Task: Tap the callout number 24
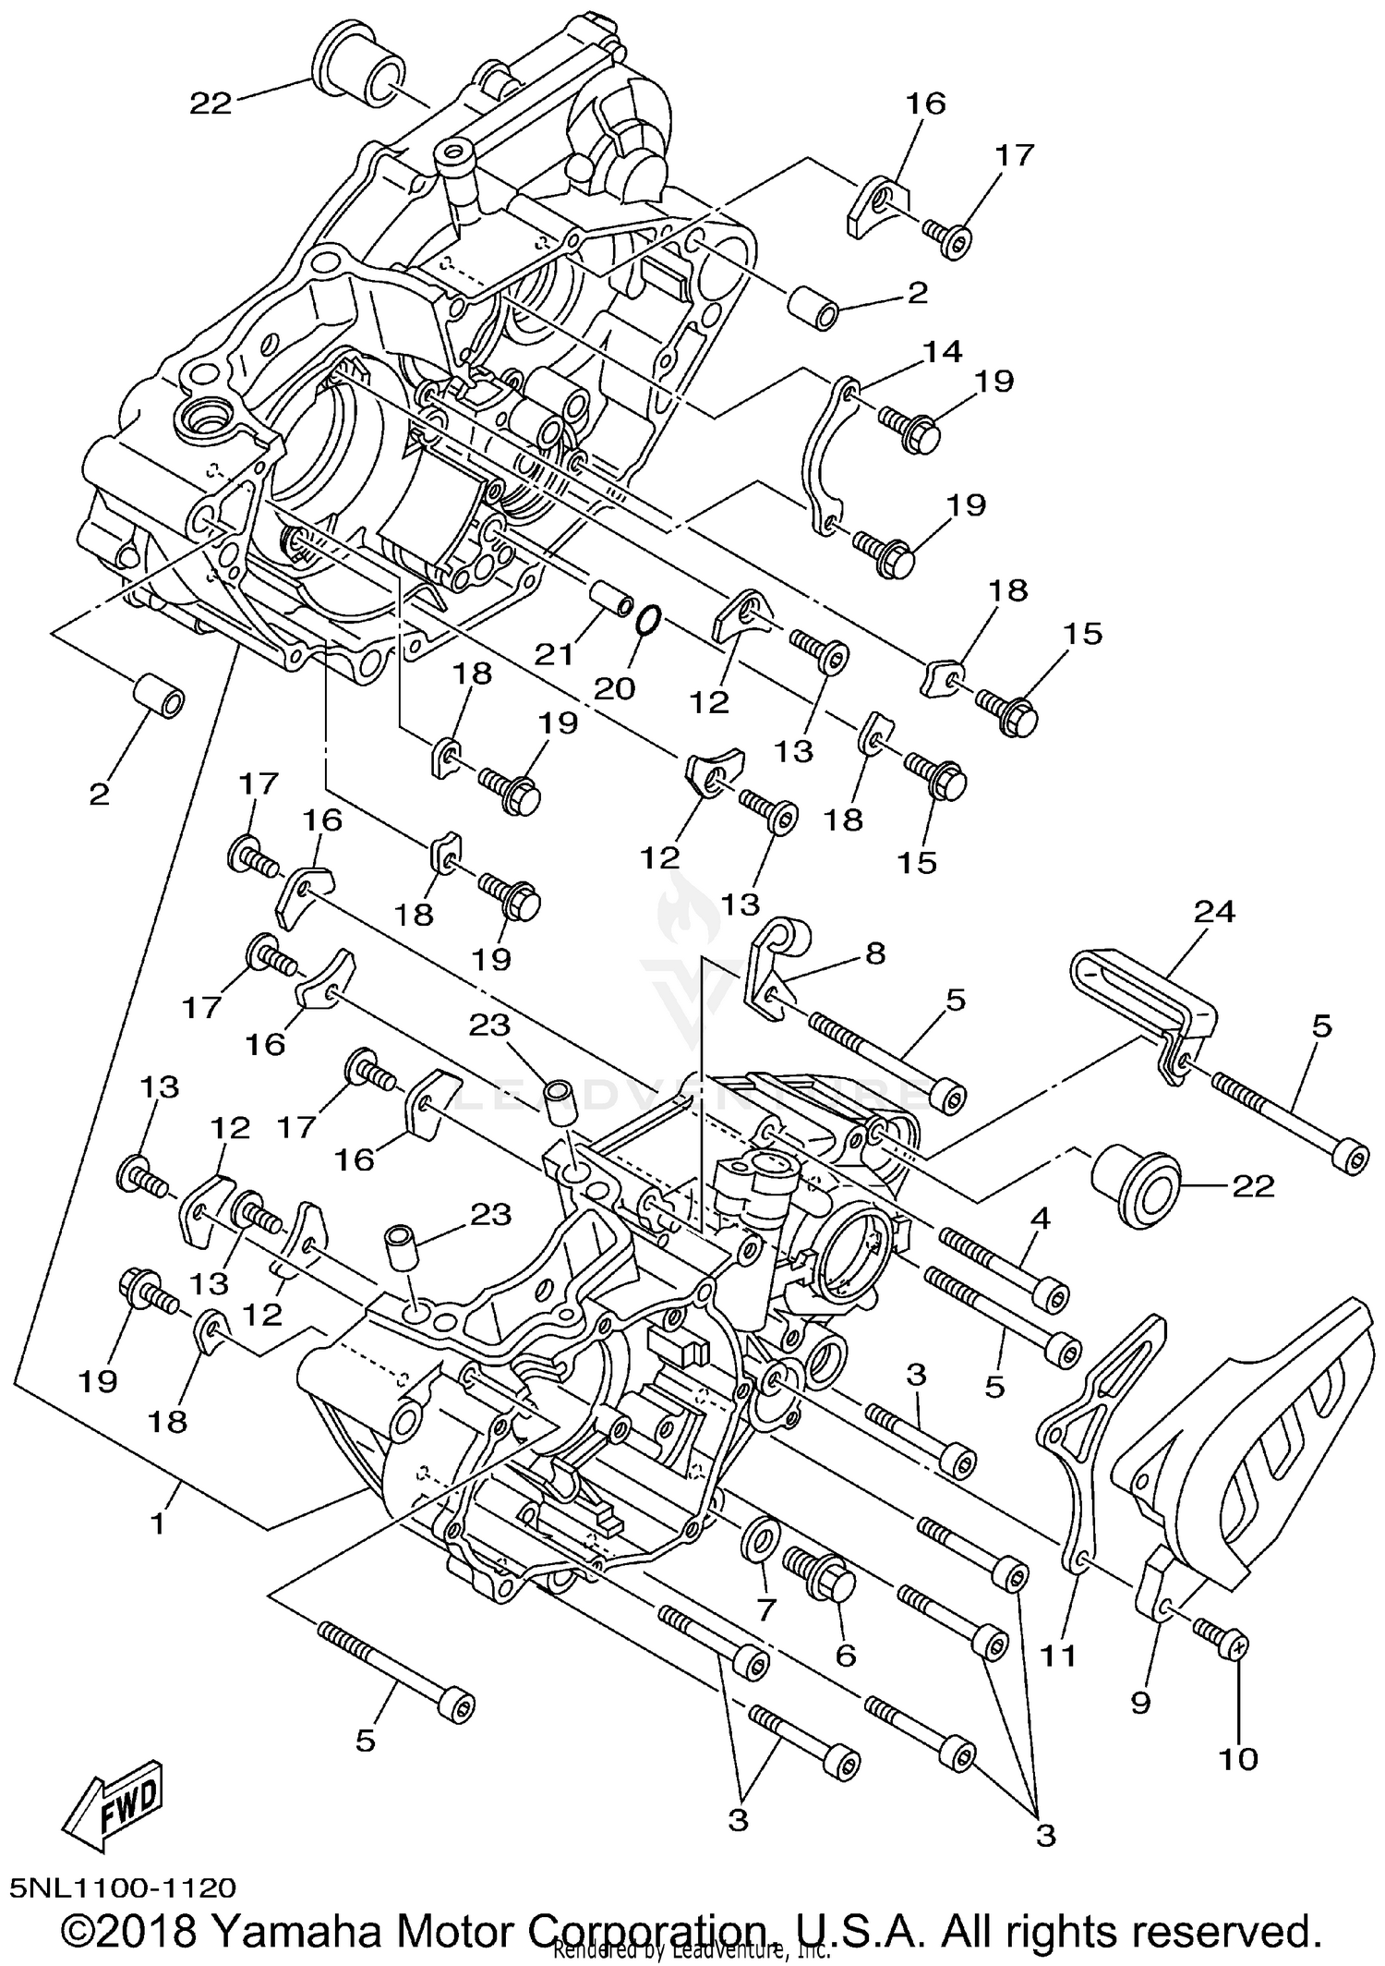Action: (x=1214, y=913)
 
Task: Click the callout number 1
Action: (x=159, y=1522)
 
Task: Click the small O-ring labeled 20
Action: (x=648, y=620)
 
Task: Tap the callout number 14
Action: (x=942, y=352)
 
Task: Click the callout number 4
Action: (x=1040, y=1219)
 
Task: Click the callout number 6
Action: (x=845, y=1655)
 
